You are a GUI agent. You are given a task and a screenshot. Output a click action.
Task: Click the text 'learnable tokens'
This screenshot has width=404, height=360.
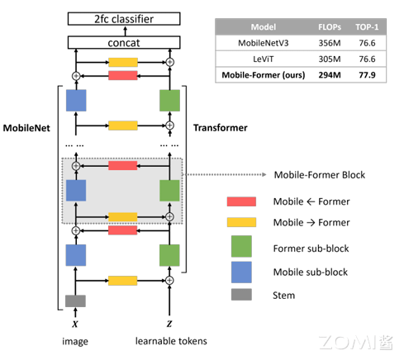170,339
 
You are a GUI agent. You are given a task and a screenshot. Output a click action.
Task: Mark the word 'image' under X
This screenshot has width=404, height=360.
76,339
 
